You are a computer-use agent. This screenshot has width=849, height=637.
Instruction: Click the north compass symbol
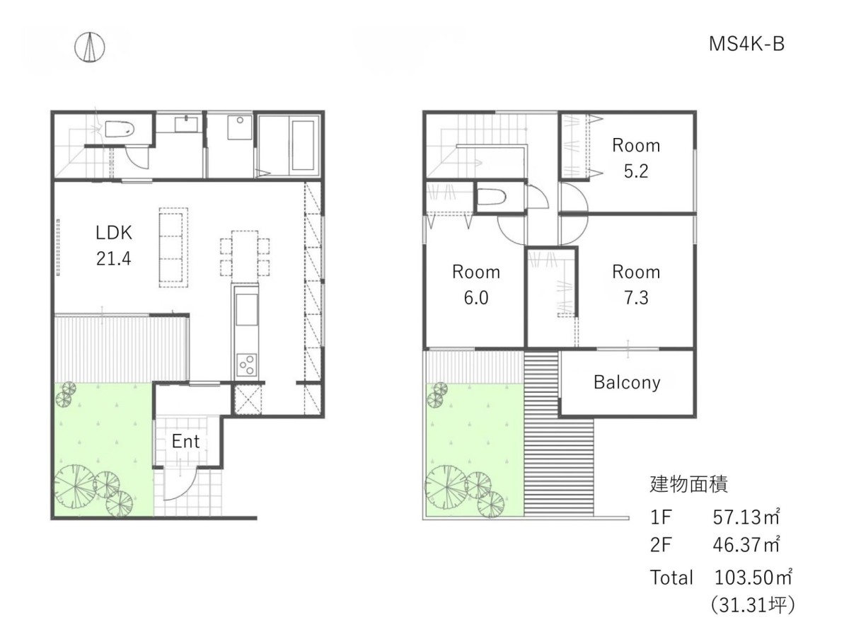(89, 47)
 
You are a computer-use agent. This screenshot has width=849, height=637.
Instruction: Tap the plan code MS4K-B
(746, 44)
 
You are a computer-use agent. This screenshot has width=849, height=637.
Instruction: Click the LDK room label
(114, 233)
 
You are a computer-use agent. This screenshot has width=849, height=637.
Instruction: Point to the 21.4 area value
(114, 258)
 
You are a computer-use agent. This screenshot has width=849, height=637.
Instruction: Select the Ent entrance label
(185, 441)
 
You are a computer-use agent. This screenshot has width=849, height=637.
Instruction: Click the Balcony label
(627, 382)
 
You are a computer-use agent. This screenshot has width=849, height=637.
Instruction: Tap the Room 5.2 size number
(636, 171)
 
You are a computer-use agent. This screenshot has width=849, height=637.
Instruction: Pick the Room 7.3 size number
(636, 297)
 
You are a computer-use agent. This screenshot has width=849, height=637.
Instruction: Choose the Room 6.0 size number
(475, 298)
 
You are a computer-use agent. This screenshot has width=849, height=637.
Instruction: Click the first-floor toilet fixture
(119, 129)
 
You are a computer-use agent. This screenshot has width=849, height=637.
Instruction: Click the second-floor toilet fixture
(491, 196)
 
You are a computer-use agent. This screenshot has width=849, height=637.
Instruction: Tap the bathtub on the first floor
(303, 145)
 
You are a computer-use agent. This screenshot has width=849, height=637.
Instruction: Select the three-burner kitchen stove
(246, 365)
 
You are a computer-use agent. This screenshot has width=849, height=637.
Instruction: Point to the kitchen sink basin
(246, 309)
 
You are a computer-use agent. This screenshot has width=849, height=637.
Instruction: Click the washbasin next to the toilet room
(186, 124)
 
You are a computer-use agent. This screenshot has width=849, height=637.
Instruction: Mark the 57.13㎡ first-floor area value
(746, 517)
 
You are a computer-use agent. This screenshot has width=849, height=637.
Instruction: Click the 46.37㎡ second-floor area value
(746, 544)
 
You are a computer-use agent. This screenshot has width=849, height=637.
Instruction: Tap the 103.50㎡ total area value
(753, 578)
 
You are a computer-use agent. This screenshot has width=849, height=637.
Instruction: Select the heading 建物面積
(689, 484)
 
